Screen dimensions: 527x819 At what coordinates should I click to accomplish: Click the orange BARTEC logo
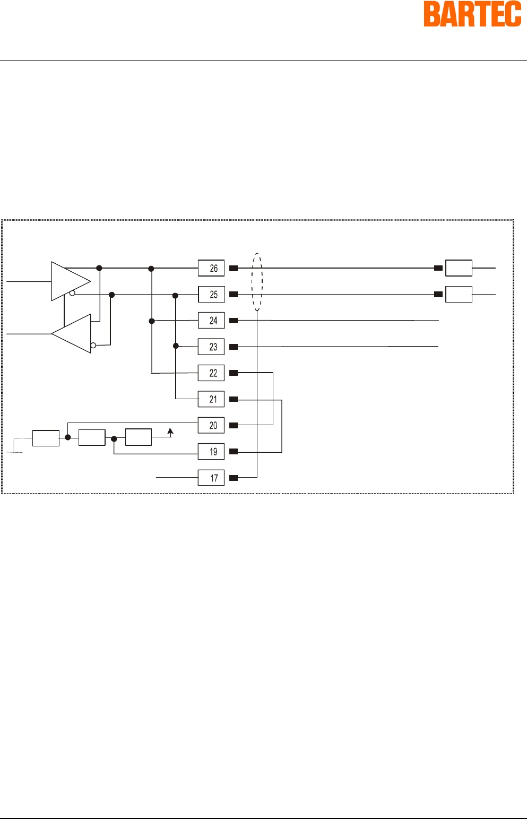click(472, 14)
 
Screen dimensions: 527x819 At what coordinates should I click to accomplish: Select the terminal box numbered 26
click(211, 268)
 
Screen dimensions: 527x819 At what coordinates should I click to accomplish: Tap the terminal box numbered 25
click(211, 294)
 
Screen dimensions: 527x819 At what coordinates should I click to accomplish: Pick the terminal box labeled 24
click(211, 321)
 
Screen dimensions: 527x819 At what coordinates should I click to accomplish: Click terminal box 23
click(211, 347)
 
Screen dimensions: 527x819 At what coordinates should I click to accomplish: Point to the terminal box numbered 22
click(211, 373)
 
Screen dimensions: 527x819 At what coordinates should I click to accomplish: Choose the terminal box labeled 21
click(211, 399)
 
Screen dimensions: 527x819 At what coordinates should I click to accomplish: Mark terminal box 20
click(211, 425)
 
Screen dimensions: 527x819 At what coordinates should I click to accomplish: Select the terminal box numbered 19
click(211, 452)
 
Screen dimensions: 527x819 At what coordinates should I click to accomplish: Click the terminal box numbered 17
click(211, 478)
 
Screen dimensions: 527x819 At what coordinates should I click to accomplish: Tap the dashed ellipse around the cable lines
click(257, 282)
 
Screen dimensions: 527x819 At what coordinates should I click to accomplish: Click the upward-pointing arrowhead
click(170, 431)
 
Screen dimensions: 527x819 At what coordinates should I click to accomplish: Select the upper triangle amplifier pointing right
click(69, 281)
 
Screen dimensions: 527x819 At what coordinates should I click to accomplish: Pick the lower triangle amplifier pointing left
click(73, 334)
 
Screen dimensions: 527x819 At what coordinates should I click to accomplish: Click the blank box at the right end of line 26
click(459, 268)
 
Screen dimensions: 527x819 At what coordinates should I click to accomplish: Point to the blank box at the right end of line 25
click(459, 294)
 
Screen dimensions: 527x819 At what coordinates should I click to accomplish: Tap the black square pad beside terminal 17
click(234, 478)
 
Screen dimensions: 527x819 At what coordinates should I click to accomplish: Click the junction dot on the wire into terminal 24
click(152, 321)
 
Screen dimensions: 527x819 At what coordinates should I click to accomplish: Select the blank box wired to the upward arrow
click(139, 437)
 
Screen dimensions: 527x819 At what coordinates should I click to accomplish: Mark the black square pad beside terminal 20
click(234, 425)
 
